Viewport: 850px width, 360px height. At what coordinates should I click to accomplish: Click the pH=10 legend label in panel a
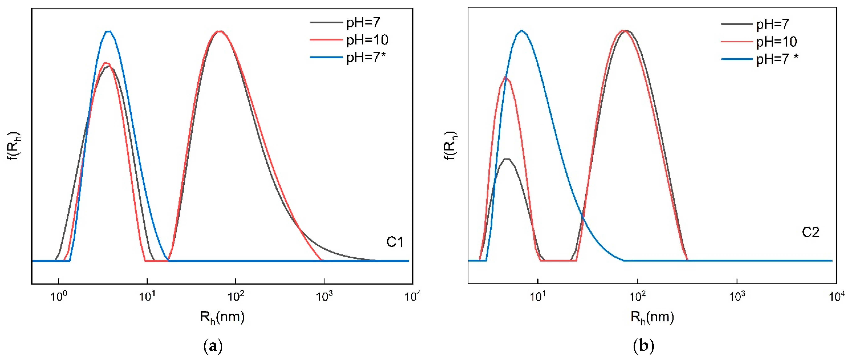pyautogui.click(x=367, y=40)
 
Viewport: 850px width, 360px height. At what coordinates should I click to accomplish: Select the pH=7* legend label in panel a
pyautogui.click(x=366, y=57)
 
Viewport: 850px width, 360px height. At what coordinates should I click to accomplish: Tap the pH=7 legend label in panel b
pyautogui.click(x=772, y=24)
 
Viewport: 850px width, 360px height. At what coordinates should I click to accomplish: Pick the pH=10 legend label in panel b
pyautogui.click(x=776, y=42)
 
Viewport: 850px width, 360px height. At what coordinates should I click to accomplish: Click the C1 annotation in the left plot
pyautogui.click(x=395, y=242)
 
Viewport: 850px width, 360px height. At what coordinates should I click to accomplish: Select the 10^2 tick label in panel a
pyautogui.click(x=236, y=296)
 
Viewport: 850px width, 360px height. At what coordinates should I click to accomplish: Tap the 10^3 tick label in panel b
pyautogui.click(x=737, y=296)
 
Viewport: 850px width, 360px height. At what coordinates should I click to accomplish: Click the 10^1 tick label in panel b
pyautogui.click(x=538, y=296)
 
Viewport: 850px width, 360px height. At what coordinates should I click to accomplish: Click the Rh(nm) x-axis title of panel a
pyautogui.click(x=222, y=317)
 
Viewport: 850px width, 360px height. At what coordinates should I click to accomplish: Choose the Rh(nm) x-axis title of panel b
pyautogui.click(x=652, y=317)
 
